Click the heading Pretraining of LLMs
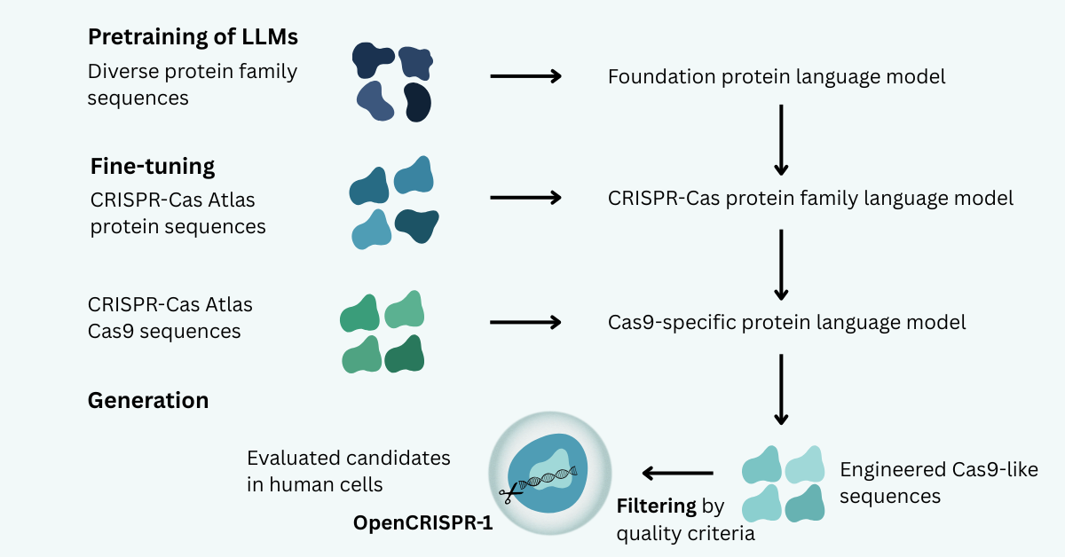[x=192, y=37]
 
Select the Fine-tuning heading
[x=153, y=166]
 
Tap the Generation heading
[x=148, y=400]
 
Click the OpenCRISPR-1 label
[x=422, y=522]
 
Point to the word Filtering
[x=656, y=506]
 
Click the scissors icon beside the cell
[x=509, y=495]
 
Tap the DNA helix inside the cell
[x=549, y=478]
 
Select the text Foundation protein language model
[x=777, y=76]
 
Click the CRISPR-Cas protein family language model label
[x=810, y=198]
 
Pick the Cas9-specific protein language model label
[x=787, y=322]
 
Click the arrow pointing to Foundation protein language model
[x=526, y=76]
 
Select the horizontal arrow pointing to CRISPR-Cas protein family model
[x=526, y=198]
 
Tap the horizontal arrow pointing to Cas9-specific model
[x=526, y=322]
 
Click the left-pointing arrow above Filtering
[x=678, y=474]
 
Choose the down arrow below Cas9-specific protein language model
[x=781, y=390]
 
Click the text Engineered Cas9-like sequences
[x=939, y=482]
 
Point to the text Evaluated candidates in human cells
[x=349, y=471]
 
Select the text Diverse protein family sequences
[x=192, y=84]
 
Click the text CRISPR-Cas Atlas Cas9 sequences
[x=170, y=318]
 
